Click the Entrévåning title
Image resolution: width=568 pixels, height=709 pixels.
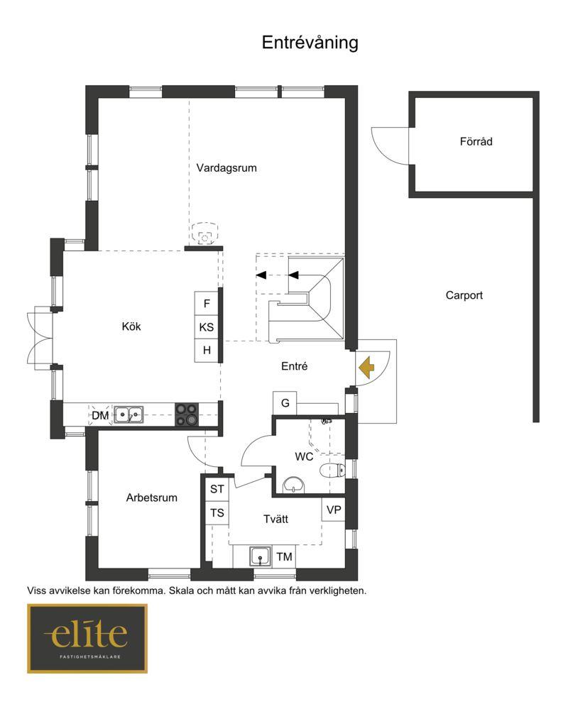tap(310, 43)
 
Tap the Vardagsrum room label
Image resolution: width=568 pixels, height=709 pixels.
tap(226, 167)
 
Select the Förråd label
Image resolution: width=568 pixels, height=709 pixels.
tap(476, 141)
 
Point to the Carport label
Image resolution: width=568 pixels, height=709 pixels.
tap(464, 295)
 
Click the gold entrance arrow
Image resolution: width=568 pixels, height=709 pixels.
tap(366, 367)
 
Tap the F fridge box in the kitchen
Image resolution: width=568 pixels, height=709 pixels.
tap(207, 303)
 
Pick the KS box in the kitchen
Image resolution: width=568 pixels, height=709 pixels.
tap(207, 327)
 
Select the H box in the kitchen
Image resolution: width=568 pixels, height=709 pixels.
tap(207, 351)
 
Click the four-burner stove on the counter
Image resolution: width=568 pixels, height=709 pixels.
tap(187, 414)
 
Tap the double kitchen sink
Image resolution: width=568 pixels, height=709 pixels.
tap(129, 414)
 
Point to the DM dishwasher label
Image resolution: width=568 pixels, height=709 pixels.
tap(100, 416)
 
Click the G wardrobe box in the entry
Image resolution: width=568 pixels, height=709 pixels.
tap(285, 403)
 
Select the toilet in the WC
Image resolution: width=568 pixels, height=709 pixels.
tap(332, 471)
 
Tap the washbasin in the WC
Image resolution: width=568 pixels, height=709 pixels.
tap(294, 485)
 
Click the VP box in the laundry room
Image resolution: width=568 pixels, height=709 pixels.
tap(333, 510)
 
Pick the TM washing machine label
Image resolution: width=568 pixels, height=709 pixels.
tap(284, 556)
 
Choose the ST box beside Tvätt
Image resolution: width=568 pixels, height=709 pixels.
tap(217, 489)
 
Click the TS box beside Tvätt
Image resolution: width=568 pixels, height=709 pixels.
tap(217, 512)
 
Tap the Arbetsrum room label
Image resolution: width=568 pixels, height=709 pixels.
tap(151, 498)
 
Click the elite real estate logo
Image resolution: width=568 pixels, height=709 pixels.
tap(87, 639)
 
